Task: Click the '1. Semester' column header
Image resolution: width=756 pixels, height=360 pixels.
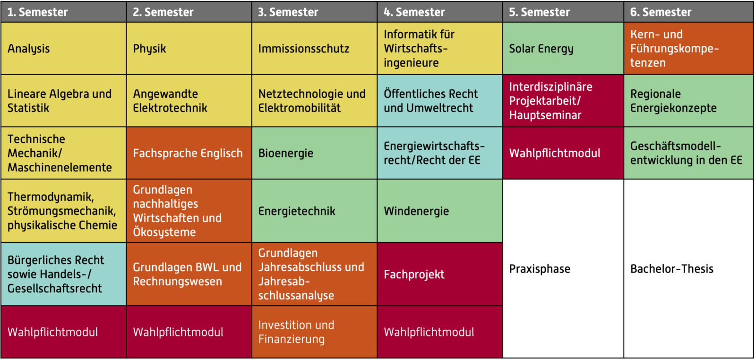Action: pyautogui.click(x=63, y=12)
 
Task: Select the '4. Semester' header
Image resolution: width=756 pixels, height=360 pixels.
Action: pyautogui.click(x=440, y=12)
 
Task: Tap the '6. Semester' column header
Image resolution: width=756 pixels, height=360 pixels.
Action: pyautogui.click(x=688, y=12)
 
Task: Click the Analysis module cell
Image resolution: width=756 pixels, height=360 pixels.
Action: pyautogui.click(x=63, y=49)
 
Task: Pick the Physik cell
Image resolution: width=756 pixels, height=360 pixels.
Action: pyautogui.click(x=189, y=49)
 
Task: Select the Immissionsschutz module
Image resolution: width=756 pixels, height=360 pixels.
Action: pyautogui.click(x=315, y=49)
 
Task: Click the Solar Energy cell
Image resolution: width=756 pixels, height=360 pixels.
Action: pyautogui.click(x=563, y=49)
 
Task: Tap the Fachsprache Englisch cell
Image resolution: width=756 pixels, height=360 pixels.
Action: pyautogui.click(x=189, y=153)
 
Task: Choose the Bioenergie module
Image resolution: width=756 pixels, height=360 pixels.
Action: pyautogui.click(x=315, y=153)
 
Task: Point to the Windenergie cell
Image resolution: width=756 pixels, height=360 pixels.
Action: pyautogui.click(x=440, y=211)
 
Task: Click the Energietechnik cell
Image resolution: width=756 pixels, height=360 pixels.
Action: pyautogui.click(x=315, y=211)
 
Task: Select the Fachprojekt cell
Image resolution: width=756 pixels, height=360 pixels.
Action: pyautogui.click(x=440, y=274)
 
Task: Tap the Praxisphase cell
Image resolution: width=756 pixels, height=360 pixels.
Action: pyautogui.click(x=563, y=268)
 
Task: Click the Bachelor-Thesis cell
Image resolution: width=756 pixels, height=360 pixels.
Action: pyautogui.click(x=688, y=268)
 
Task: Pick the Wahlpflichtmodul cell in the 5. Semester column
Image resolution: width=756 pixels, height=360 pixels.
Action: pyautogui.click(x=563, y=153)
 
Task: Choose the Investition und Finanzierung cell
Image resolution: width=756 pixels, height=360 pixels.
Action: pyautogui.click(x=315, y=332)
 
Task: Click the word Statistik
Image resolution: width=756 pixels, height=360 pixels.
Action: pyautogui.click(x=28, y=108)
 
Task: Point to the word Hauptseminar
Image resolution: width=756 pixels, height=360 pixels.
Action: pyautogui.click(x=545, y=115)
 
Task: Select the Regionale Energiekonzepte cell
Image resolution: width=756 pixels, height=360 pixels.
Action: pyautogui.click(x=688, y=101)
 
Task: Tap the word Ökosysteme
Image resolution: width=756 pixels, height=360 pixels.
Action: pyautogui.click(x=164, y=232)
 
